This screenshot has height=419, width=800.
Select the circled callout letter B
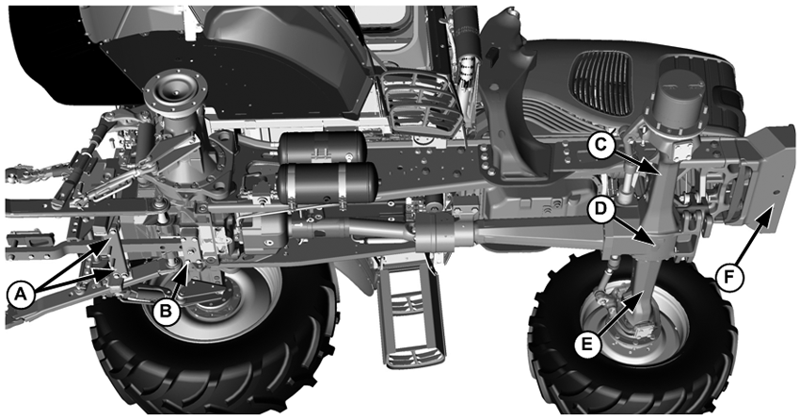[x=166, y=311]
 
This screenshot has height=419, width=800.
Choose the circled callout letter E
[x=587, y=344]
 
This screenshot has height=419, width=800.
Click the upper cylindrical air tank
[x=322, y=147]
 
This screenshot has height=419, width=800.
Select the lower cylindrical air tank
[x=328, y=184]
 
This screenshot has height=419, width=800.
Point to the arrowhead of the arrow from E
[x=638, y=298]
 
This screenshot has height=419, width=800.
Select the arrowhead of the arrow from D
[x=649, y=241]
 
